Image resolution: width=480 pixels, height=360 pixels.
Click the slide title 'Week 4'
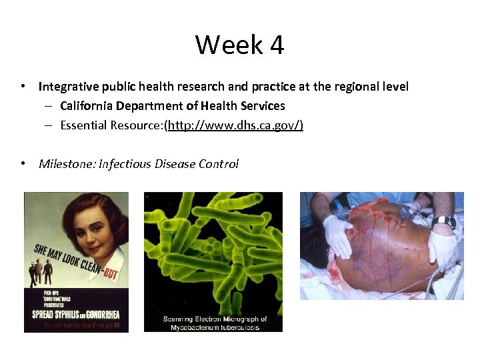(x=239, y=45)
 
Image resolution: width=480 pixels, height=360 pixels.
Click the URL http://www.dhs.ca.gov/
(x=235, y=125)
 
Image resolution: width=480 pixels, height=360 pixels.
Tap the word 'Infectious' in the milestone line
(x=125, y=164)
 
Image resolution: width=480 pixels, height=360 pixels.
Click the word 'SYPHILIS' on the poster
(x=68, y=313)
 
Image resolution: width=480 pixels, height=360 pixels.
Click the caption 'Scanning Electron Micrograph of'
(x=215, y=319)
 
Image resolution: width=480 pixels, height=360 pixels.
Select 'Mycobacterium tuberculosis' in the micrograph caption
(x=215, y=327)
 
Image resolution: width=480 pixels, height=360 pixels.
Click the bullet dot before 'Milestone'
(x=23, y=164)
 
